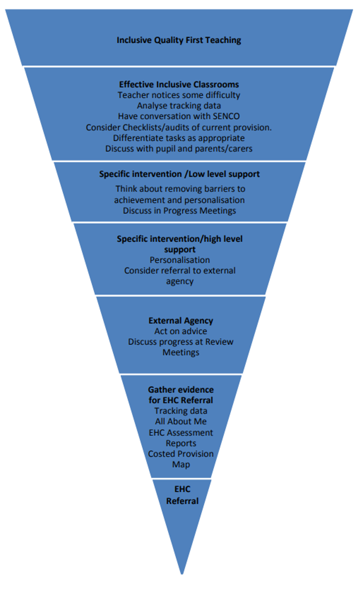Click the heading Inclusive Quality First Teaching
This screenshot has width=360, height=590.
point(179,40)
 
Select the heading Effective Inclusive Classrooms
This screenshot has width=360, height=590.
point(179,84)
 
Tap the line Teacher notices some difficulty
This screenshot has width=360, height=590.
point(179,95)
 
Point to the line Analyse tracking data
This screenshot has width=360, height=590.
point(179,105)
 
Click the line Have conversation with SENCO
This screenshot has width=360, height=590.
point(179,116)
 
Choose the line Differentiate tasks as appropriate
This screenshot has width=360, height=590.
point(179,138)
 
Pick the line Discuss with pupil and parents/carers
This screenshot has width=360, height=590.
point(179,148)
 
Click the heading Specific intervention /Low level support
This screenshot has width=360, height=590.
point(179,174)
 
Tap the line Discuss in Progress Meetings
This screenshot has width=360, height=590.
point(179,211)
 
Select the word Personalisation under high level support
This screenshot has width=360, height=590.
point(180,260)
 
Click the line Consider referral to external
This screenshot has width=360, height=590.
point(180,271)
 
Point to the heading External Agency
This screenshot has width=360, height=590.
point(181,321)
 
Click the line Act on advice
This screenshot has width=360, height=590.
point(181,332)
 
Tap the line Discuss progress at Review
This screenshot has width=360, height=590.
point(181,342)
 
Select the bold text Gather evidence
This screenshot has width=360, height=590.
point(181,390)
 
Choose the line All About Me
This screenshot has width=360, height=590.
point(181,421)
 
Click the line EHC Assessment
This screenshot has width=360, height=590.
point(181,432)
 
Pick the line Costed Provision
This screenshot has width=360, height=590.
point(181,454)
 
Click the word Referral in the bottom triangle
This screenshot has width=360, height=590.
point(182,501)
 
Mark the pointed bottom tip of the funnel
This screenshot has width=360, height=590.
point(182,572)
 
